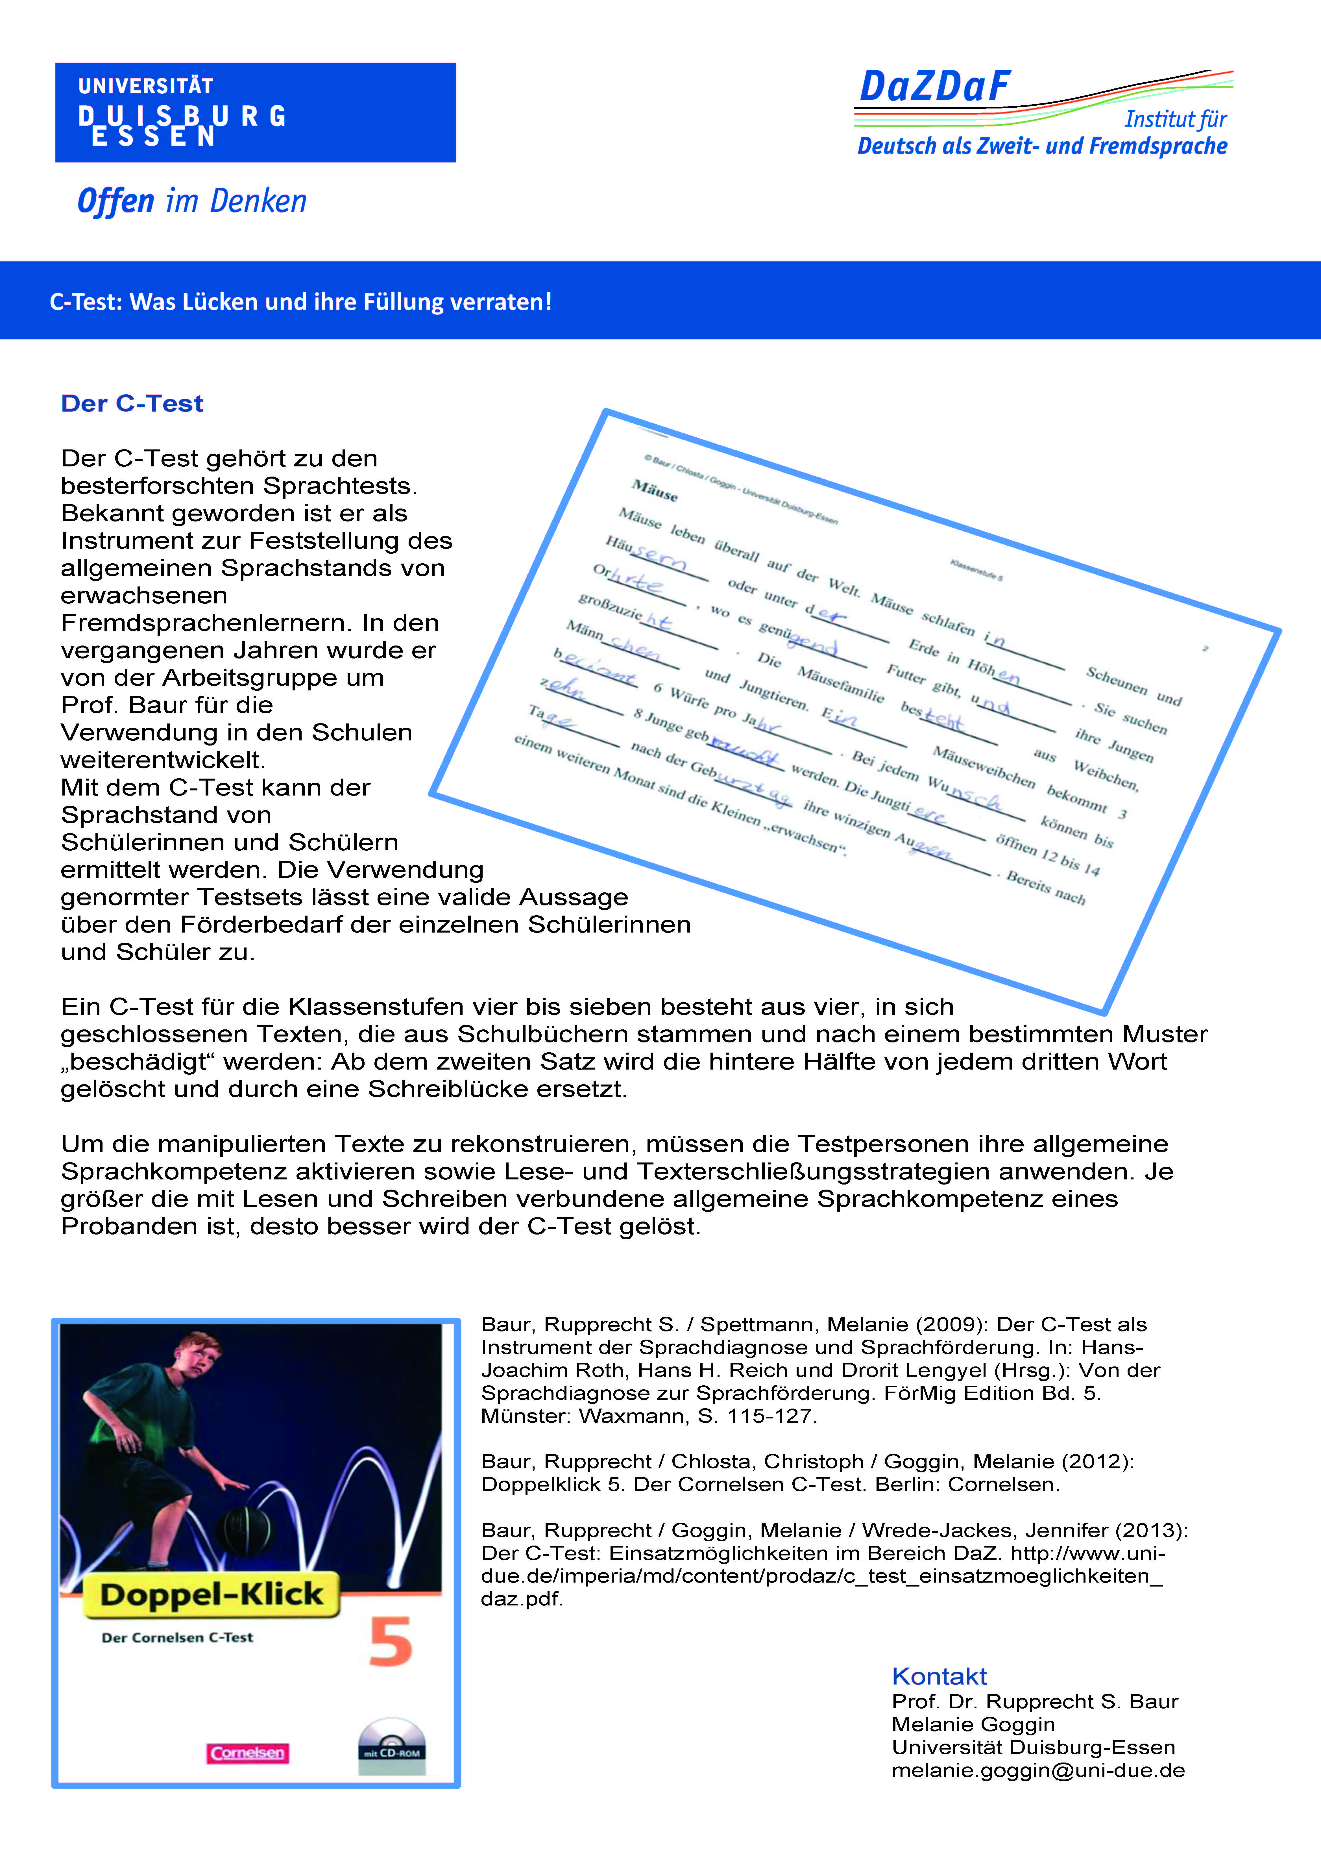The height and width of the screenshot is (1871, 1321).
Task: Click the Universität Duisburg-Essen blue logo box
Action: (255, 112)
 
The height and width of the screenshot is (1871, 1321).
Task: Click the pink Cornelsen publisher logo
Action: (248, 1753)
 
